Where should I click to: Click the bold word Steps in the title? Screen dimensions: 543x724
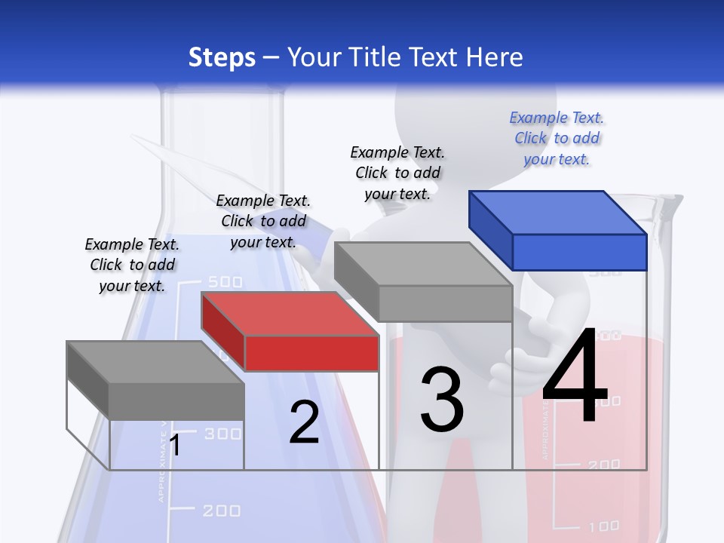tap(222, 57)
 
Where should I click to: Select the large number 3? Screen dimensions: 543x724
tap(442, 400)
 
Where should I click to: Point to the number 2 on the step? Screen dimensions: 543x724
tap(304, 422)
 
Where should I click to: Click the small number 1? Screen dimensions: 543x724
tap(175, 446)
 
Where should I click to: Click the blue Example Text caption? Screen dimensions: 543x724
tap(557, 138)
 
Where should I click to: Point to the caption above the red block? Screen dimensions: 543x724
tap(263, 221)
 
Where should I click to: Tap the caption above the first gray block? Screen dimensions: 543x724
tap(132, 265)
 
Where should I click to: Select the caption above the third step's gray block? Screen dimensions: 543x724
tap(397, 173)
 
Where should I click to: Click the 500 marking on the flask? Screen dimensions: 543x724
tap(224, 282)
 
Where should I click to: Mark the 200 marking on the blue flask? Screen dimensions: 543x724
tap(222, 511)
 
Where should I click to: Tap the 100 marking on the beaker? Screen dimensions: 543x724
tap(603, 526)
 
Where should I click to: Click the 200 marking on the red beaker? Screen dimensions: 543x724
tap(603, 465)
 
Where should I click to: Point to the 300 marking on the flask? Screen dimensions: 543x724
tap(223, 434)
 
